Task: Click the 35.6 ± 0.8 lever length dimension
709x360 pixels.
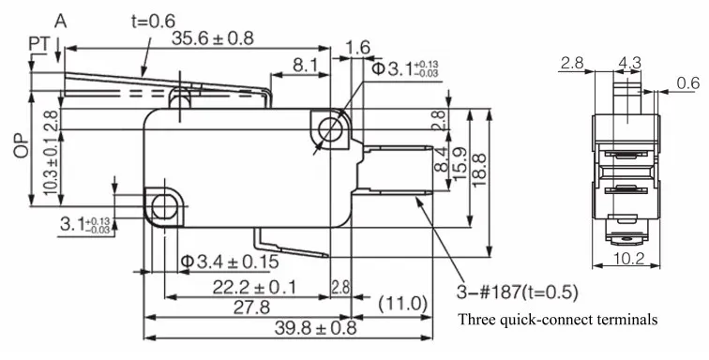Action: click(213, 38)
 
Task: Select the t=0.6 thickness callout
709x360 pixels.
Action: click(153, 21)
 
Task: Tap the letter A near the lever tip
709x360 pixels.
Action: click(61, 21)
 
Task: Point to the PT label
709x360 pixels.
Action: click(38, 44)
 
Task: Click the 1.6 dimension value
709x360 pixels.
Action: click(358, 48)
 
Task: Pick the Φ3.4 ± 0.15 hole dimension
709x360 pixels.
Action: click(230, 262)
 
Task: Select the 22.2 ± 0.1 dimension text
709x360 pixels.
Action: click(254, 287)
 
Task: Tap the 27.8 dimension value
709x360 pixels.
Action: click(251, 307)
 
